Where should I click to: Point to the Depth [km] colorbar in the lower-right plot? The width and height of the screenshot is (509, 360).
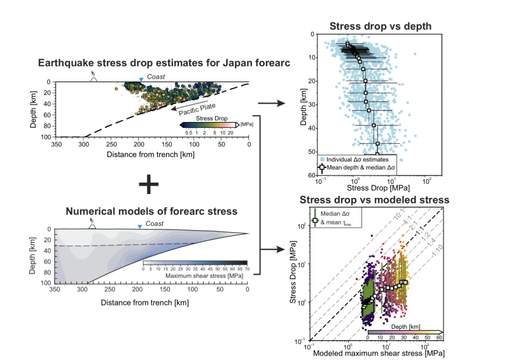coord(405,331)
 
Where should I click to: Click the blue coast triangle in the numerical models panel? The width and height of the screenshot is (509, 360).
coord(141,226)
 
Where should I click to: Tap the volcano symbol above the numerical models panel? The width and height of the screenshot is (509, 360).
coord(93,225)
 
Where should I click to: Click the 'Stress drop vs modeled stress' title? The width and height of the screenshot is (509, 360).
coord(375,200)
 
